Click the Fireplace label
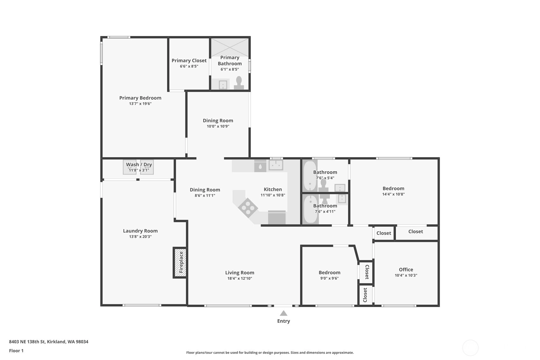click(x=181, y=262)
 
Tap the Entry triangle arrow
click(x=284, y=313)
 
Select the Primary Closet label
click(x=189, y=60)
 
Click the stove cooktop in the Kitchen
click(x=248, y=207)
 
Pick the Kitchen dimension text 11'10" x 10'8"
click(x=273, y=195)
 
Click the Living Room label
click(x=240, y=272)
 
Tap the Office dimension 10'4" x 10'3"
click(x=406, y=275)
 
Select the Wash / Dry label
click(x=139, y=165)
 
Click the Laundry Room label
click(x=140, y=231)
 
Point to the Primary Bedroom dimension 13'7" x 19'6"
click(x=140, y=104)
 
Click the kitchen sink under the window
click(x=276, y=165)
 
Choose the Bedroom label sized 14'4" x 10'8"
click(x=393, y=188)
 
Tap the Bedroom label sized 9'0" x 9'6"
click(x=330, y=272)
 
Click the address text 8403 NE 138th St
click(x=27, y=342)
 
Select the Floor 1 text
click(x=16, y=350)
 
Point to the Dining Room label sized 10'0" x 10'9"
click(x=218, y=121)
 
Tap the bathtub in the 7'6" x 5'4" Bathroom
click(x=310, y=176)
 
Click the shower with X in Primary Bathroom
click(x=230, y=47)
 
